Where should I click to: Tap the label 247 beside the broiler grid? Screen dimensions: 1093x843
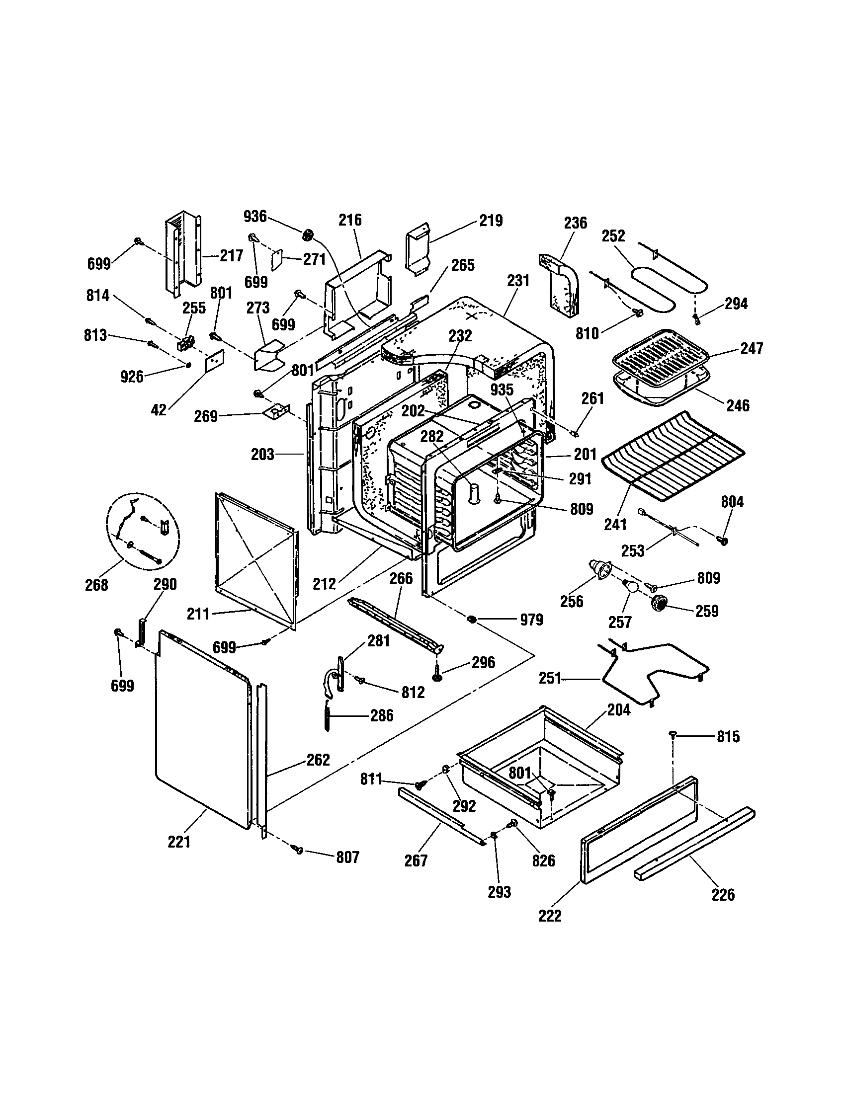(753, 348)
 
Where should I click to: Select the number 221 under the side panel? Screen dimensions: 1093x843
(179, 842)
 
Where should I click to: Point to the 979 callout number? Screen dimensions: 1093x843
(531, 620)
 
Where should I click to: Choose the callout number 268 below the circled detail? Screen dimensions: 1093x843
(96, 585)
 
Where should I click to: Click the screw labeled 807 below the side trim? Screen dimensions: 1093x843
(299, 849)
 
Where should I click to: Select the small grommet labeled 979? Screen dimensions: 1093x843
(471, 620)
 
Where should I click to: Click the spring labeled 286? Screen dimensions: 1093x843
(328, 715)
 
